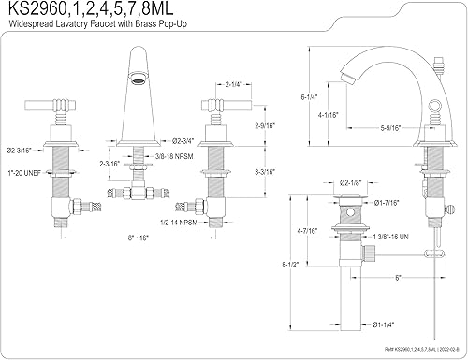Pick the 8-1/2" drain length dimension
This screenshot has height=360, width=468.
(290, 265)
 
